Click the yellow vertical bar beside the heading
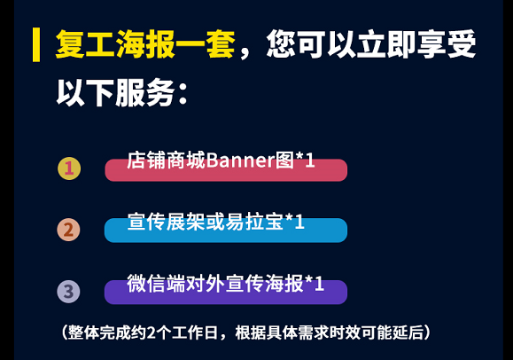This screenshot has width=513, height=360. [x=36, y=44]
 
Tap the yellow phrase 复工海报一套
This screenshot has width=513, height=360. [x=145, y=44]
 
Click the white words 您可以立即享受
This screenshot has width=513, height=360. [x=371, y=44]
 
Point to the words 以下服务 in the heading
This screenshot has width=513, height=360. [x=116, y=93]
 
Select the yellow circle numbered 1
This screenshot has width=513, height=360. [x=69, y=168]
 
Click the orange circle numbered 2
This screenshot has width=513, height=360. [x=68, y=230]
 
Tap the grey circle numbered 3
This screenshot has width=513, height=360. [x=68, y=291]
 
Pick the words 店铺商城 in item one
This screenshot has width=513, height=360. [x=167, y=160]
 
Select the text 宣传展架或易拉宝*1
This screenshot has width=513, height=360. [x=216, y=222]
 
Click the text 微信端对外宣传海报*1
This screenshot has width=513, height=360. [x=225, y=284]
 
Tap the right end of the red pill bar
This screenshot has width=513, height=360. [x=346, y=170]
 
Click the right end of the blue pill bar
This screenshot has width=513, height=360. [x=346, y=231]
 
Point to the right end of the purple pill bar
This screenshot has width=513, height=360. [x=346, y=292]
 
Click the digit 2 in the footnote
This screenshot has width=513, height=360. [x=152, y=333]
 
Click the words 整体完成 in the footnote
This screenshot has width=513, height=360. [x=99, y=333]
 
